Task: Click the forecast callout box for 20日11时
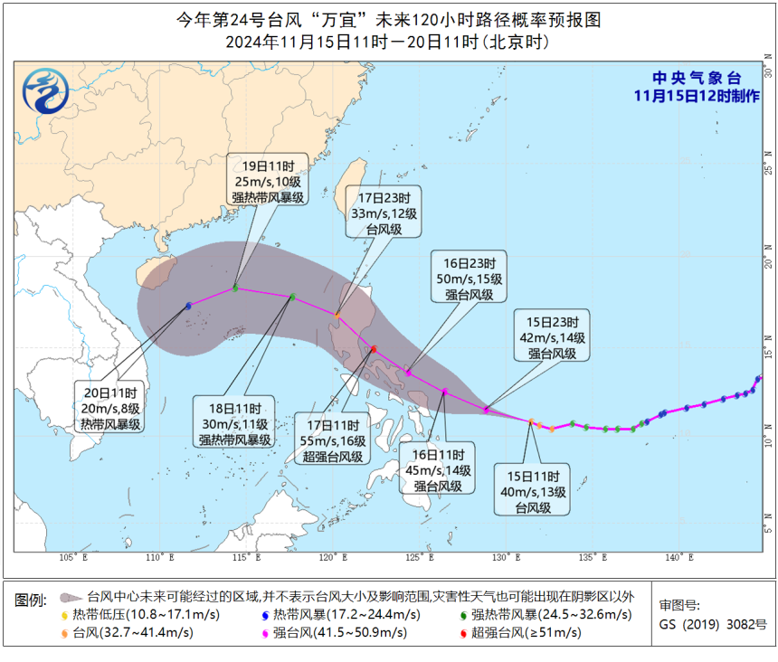(108, 409)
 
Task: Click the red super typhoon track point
(374, 349)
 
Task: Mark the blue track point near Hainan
(188, 306)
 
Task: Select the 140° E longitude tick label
(673, 558)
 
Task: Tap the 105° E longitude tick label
(73, 558)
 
